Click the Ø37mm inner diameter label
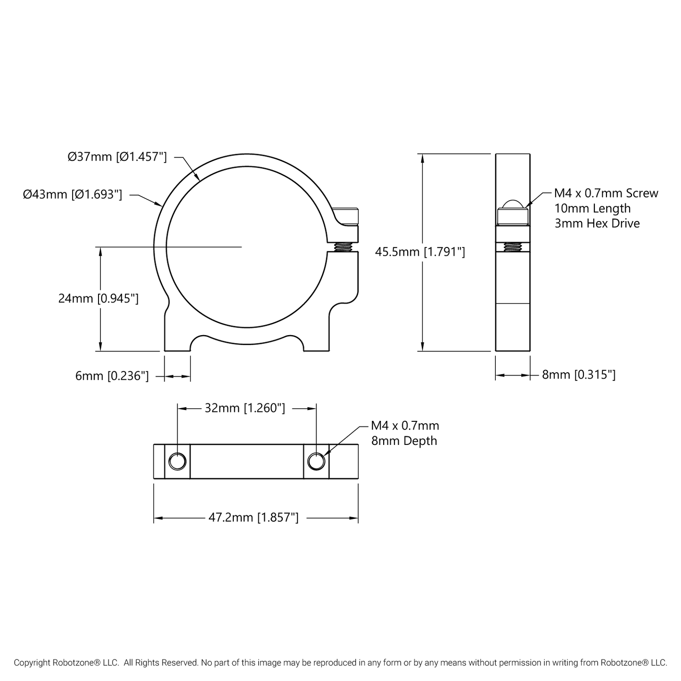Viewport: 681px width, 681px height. (117, 157)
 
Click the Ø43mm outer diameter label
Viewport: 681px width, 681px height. (73, 194)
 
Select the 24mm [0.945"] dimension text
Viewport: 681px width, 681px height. (98, 298)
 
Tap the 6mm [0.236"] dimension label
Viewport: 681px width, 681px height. (112, 376)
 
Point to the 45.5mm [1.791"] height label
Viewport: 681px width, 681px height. (420, 252)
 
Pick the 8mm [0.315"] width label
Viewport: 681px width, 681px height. (579, 375)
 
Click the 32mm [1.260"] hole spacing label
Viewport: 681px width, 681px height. (245, 408)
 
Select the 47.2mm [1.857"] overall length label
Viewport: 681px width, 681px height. (254, 517)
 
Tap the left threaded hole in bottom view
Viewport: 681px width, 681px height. (177, 461)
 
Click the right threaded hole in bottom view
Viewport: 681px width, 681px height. (316, 461)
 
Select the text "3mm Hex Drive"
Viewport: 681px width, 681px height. (597, 223)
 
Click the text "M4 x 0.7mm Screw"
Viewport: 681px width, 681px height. (606, 193)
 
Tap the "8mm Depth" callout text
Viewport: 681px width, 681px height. (404, 441)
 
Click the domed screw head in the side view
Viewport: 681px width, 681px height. (513, 205)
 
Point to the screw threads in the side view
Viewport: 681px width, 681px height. (513, 246)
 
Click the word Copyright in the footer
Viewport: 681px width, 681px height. (32, 663)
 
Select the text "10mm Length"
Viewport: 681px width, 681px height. (592, 208)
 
